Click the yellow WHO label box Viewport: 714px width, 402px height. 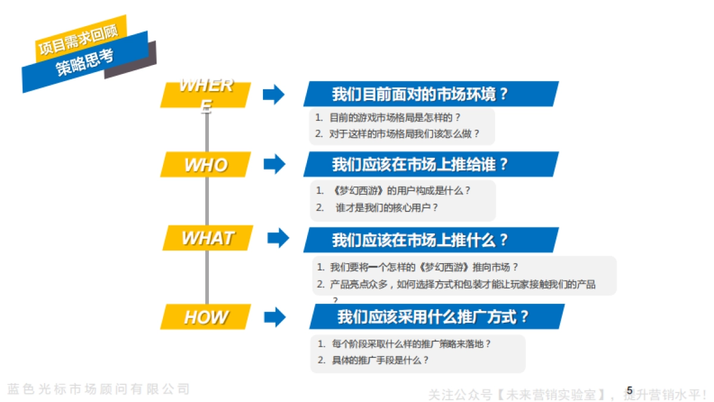pyautogui.click(x=205, y=164)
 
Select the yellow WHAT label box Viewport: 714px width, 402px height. pyautogui.click(x=206, y=238)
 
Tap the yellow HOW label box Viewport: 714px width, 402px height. pyautogui.click(x=205, y=317)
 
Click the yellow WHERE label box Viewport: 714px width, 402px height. pyautogui.click(x=205, y=95)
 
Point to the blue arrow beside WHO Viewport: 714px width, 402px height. pyautogui.click(x=274, y=164)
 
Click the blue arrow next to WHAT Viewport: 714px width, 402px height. pyautogui.click(x=278, y=238)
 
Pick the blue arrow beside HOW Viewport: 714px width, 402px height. pyautogui.click(x=274, y=317)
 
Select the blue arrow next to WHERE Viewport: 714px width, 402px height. pyautogui.click(x=274, y=94)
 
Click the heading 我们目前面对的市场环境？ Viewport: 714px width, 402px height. pyautogui.click(x=420, y=94)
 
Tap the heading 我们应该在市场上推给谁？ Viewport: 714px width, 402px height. pyautogui.click(x=420, y=164)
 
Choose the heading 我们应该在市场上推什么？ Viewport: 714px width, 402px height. pyautogui.click(x=420, y=240)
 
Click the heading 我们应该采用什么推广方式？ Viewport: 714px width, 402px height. pyautogui.click(x=433, y=316)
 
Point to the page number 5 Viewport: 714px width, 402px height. pyautogui.click(x=630, y=390)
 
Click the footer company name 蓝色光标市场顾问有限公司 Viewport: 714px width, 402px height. pyautogui.click(x=99, y=389)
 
